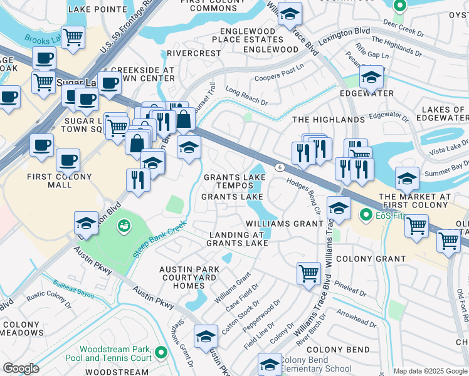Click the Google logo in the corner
tap(21, 368)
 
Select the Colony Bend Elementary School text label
tap(317, 364)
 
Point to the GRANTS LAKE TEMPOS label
tap(233, 181)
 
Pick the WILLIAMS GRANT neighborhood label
tap(283, 224)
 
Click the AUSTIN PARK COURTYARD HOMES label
tap(189, 277)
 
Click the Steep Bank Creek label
tap(159, 239)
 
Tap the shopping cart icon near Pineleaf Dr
tap(308, 272)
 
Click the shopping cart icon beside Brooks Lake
tap(73, 38)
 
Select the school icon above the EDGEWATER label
tap(371, 78)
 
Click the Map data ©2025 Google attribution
tap(429, 370)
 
